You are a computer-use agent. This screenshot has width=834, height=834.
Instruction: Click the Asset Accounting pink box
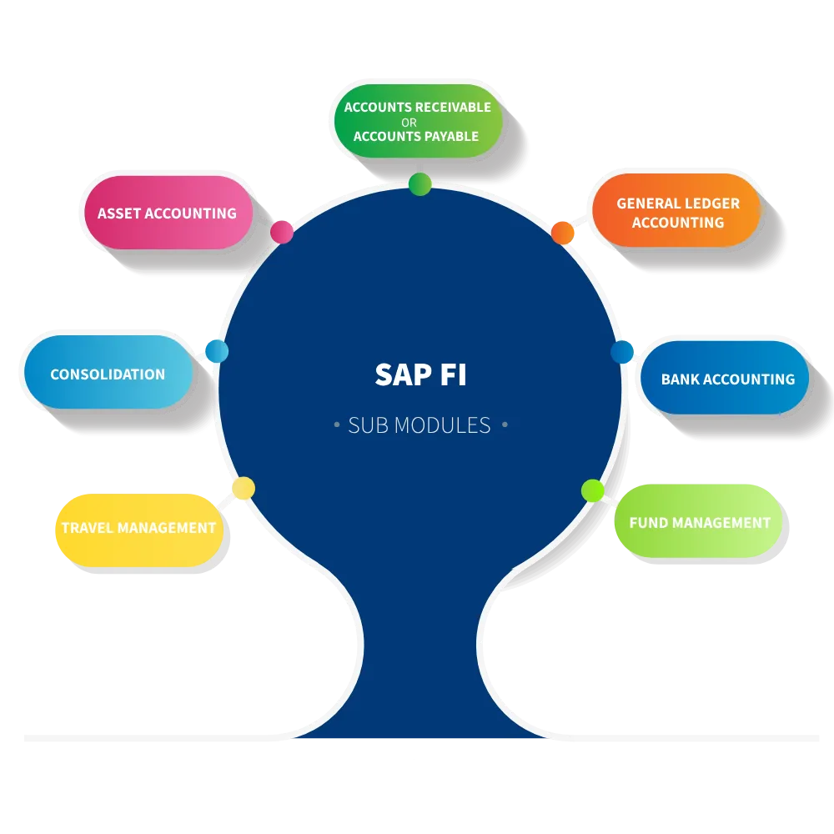click(167, 213)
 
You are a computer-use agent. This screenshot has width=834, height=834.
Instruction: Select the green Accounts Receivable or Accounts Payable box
click(418, 122)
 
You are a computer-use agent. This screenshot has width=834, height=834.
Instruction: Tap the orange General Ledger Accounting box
click(677, 212)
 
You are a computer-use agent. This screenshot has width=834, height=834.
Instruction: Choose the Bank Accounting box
click(726, 379)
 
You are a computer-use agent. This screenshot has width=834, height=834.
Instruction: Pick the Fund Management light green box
click(699, 522)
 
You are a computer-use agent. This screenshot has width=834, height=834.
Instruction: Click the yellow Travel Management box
click(139, 528)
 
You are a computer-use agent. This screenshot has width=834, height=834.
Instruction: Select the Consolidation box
click(108, 374)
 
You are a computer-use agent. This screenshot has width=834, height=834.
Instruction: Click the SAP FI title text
click(420, 375)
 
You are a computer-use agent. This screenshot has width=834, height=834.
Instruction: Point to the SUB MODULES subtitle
click(420, 425)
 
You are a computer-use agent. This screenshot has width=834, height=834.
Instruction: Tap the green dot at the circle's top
click(420, 184)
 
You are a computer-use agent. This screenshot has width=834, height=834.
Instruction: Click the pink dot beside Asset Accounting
click(282, 232)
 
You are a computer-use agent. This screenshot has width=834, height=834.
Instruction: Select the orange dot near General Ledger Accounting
click(563, 233)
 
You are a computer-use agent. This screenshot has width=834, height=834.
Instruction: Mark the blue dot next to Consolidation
click(216, 351)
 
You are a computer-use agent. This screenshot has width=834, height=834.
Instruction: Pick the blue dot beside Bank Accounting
click(622, 352)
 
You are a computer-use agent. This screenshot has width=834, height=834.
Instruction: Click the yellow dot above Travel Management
click(243, 489)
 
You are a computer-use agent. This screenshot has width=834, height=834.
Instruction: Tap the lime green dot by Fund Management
click(592, 490)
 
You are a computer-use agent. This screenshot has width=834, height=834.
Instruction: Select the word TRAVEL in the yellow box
click(87, 528)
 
